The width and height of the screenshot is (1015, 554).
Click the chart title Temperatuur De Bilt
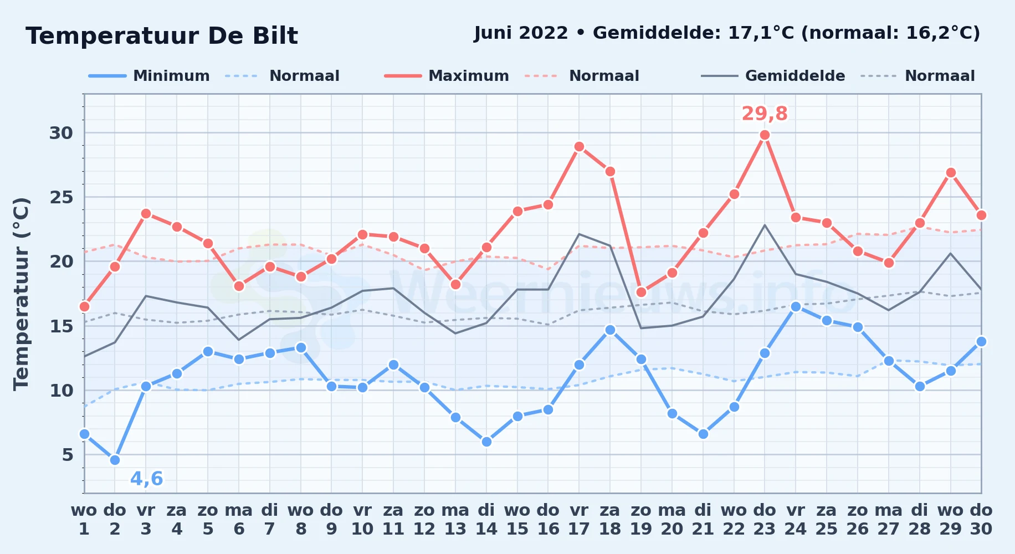[x=162, y=36]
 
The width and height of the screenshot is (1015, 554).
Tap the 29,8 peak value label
[x=765, y=114]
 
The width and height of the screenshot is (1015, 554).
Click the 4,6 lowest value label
[x=147, y=479]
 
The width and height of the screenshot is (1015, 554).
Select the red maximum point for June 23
[x=765, y=135]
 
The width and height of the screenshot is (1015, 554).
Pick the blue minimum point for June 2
[x=115, y=460]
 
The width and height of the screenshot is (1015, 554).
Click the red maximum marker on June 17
[x=580, y=147]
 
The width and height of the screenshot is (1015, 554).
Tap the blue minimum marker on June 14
[x=486, y=442]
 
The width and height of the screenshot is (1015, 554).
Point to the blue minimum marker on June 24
[x=796, y=306]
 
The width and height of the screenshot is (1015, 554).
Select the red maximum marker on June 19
[x=642, y=292]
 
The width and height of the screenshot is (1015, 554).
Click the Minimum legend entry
[x=149, y=76]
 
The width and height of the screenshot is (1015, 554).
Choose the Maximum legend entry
[x=447, y=76]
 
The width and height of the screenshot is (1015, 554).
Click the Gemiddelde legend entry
[x=773, y=76]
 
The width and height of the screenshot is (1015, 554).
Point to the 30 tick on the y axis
[x=61, y=133]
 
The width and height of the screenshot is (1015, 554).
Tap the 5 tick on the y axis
[x=68, y=455]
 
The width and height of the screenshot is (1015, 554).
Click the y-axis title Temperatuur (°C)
[x=21, y=294]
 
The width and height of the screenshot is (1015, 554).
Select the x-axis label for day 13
[x=455, y=520]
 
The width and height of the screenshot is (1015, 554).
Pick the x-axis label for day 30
[x=981, y=520]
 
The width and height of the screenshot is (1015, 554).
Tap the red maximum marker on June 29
[x=951, y=173]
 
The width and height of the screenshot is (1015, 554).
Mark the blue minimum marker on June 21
[x=704, y=434]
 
